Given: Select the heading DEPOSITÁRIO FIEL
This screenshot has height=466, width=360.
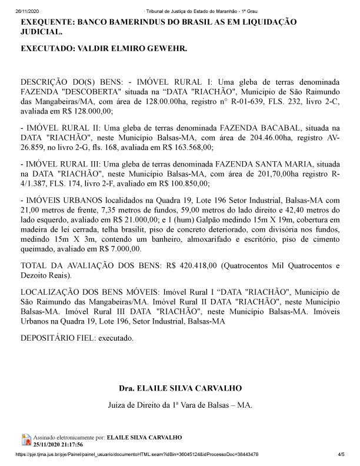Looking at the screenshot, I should (x=56, y=339).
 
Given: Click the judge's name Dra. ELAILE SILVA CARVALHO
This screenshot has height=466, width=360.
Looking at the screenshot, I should (x=180, y=390).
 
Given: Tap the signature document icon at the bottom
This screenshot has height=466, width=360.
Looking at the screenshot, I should (x=26, y=440).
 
